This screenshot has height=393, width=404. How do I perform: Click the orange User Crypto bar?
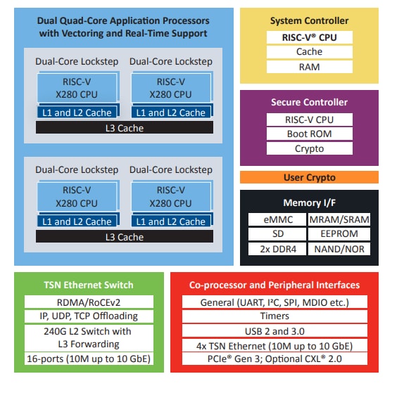[x=309, y=177]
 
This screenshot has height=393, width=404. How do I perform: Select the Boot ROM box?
[x=310, y=134]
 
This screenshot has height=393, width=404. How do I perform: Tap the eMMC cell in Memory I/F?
[x=277, y=219]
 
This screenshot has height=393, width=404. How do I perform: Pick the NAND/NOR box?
[x=339, y=249]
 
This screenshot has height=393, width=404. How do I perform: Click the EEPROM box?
[x=339, y=233]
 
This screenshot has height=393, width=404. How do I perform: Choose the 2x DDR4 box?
[x=277, y=249]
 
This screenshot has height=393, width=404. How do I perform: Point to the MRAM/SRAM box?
[x=339, y=219]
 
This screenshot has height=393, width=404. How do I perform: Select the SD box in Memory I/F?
[x=277, y=233]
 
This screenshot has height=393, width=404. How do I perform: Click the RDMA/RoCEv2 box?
[x=89, y=302]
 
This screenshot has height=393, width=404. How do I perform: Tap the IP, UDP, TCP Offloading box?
[x=89, y=316]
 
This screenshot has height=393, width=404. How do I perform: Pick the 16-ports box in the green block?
[x=89, y=359]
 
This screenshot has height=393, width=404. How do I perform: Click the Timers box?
[x=274, y=316]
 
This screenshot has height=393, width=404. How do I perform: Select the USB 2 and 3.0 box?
[x=274, y=331]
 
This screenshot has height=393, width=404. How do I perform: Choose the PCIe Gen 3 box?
[x=274, y=359]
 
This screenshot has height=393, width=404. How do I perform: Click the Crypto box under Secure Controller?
[x=310, y=148]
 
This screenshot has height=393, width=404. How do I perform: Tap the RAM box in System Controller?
[x=310, y=67]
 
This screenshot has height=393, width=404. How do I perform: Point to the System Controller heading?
[x=309, y=20]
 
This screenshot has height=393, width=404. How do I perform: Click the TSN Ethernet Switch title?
[x=89, y=285]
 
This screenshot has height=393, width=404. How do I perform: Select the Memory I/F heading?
[x=309, y=202]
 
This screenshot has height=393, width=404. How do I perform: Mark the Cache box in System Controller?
[x=310, y=52]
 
